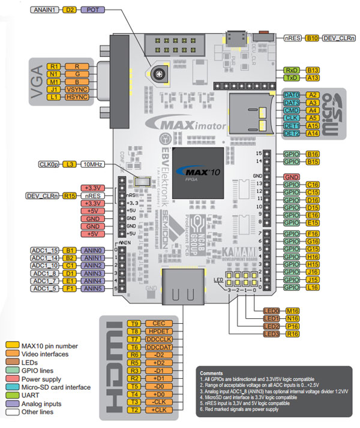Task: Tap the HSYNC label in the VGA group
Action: click(77, 97)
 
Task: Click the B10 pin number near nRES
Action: click(312, 38)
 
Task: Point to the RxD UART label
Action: click(291, 70)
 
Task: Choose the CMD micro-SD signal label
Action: click(292, 111)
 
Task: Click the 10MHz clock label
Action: click(92, 164)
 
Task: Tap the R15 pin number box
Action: click(70, 195)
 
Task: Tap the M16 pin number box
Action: click(293, 310)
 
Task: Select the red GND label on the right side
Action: click(292, 177)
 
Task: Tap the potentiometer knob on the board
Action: click(158, 74)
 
